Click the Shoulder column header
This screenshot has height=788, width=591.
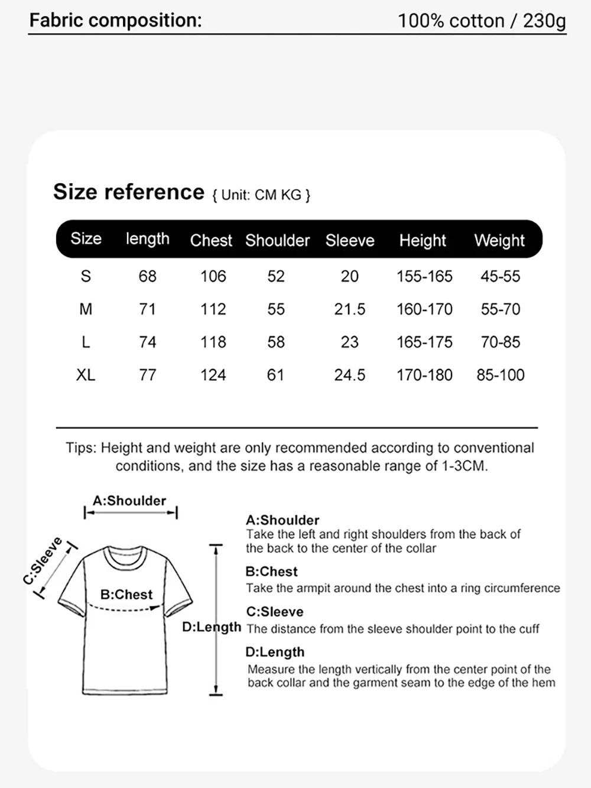tap(277, 241)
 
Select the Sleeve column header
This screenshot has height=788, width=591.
tap(350, 241)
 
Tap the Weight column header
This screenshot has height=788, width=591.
tap(499, 241)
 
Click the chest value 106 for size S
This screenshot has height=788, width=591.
tap(213, 276)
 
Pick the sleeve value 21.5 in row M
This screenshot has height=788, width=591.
tap(350, 309)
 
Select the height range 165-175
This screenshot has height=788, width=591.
tap(424, 342)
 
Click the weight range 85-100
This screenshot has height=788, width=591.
tap(501, 375)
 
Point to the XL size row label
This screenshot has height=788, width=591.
tap(86, 375)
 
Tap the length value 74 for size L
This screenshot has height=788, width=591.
tap(148, 342)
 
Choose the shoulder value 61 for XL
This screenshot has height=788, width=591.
tap(275, 375)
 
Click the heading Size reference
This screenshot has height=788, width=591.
tap(129, 192)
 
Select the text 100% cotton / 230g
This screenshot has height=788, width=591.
tap(482, 21)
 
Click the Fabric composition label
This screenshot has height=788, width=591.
tap(116, 21)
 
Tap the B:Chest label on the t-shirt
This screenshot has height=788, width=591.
tap(126, 595)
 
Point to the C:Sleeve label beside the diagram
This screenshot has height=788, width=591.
tap(43, 560)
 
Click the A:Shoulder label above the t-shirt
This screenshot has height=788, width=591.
tap(129, 501)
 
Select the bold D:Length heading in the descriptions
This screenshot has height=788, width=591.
tap(275, 652)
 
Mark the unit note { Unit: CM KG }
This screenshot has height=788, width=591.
tap(261, 195)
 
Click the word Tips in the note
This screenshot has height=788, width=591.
tap(80, 448)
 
